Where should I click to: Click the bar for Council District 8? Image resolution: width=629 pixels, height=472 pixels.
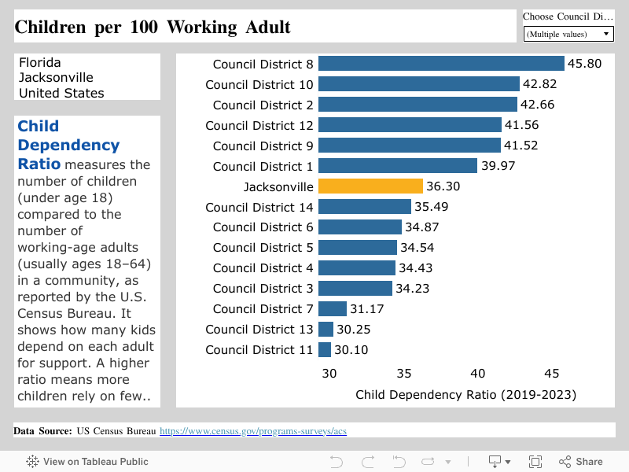point(441,64)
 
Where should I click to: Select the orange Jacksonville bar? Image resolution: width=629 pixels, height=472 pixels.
point(370,186)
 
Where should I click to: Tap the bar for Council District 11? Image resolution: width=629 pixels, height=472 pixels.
point(325,350)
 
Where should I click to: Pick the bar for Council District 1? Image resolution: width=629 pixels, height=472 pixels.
point(397,166)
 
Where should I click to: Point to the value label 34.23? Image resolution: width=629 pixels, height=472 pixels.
point(413,289)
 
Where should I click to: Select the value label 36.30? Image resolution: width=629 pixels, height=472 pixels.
point(443,186)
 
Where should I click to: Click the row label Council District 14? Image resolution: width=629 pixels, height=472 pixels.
point(259,207)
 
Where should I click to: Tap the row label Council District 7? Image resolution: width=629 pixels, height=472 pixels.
point(263,309)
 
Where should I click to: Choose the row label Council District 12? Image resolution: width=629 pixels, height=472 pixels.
point(259,125)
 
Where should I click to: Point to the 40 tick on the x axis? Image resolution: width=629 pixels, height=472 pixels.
point(477,374)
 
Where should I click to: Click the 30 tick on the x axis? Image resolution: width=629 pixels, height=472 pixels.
point(329,374)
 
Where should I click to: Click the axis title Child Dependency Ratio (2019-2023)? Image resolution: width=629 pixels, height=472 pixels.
point(465,394)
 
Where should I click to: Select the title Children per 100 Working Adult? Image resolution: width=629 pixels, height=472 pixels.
point(153,28)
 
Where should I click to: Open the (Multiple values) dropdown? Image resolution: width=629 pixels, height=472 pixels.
point(568,34)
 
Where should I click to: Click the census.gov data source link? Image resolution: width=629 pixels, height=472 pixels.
point(253,431)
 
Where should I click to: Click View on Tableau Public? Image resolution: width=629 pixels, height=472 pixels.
point(87,462)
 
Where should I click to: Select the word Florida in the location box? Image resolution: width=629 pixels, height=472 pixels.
point(40,62)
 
